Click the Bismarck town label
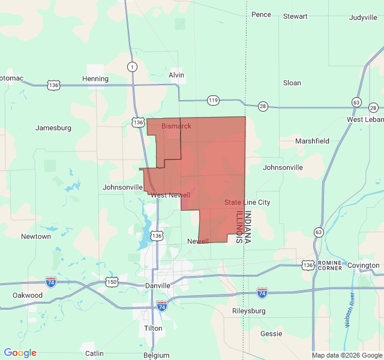(x=176, y=126)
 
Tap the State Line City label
(x=247, y=203)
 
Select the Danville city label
(x=158, y=286)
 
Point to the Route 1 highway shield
(x=131, y=67)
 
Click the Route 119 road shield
(x=213, y=100)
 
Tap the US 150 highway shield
(x=112, y=281)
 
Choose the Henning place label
(x=95, y=79)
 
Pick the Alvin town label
(x=176, y=75)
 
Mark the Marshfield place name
(x=312, y=141)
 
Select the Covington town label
(x=363, y=265)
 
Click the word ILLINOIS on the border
(x=239, y=226)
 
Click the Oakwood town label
(x=28, y=295)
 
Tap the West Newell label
(x=170, y=195)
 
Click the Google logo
(x=20, y=353)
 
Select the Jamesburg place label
(x=53, y=128)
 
